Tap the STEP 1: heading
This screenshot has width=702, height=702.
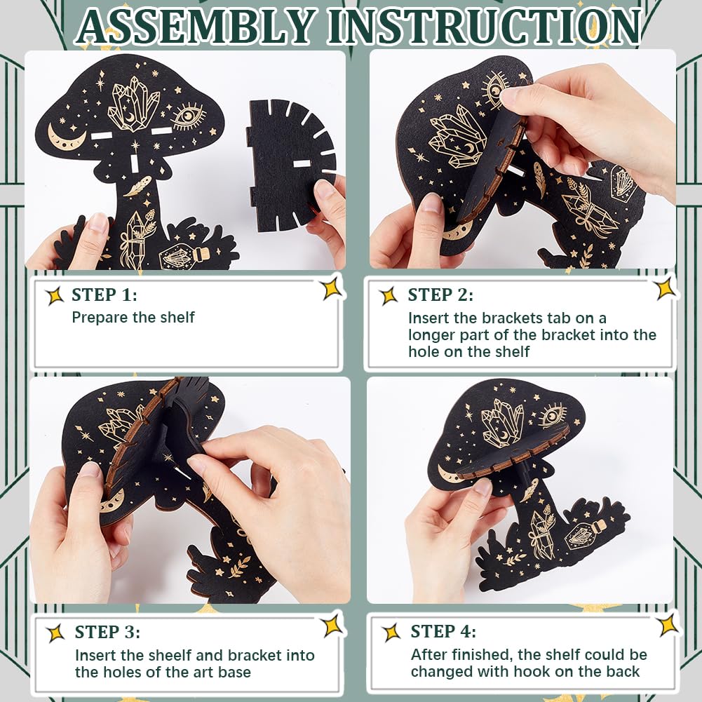(104, 295)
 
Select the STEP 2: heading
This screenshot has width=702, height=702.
(440, 295)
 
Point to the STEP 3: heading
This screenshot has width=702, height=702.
(107, 632)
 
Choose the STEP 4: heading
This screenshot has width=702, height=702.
(443, 631)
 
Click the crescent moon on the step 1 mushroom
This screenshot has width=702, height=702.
(65, 137)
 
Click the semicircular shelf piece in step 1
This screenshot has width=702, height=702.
(291, 165)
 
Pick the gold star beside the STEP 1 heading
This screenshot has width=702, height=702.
(55, 296)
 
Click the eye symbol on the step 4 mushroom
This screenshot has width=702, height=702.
(552, 415)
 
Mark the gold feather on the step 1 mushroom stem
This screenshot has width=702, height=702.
(137, 187)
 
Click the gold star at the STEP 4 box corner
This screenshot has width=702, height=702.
(669, 625)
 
